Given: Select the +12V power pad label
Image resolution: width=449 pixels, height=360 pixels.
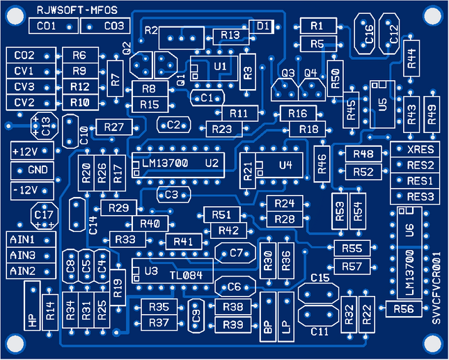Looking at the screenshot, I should click(26, 151).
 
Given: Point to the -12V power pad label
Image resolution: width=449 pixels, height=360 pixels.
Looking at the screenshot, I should click(26, 189).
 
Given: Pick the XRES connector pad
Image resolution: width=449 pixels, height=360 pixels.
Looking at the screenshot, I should click(420, 150).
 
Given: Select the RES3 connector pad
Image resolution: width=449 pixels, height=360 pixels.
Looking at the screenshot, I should click(420, 197).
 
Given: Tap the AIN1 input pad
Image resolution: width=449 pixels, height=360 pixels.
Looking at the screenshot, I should click(22, 240).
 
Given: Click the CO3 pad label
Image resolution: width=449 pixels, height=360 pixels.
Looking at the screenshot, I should click(113, 26).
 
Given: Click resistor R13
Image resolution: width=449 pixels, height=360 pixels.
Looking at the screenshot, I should click(229, 36).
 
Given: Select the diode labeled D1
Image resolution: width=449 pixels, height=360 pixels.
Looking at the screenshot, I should click(262, 26).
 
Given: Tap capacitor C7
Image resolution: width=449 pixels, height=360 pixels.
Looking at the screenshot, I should click(236, 253).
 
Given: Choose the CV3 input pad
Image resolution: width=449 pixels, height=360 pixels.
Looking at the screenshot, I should click(24, 87).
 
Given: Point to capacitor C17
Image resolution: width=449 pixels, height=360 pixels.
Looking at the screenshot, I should click(43, 215).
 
